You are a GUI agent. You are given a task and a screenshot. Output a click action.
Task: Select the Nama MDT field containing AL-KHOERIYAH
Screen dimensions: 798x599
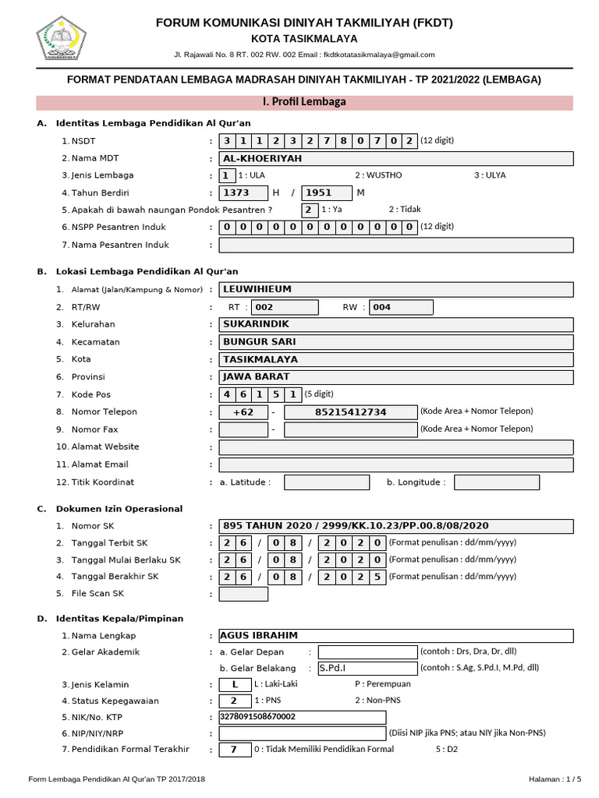pyautogui.click(x=396, y=158)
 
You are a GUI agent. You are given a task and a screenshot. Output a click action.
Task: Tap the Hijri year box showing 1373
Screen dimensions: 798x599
pyautogui.click(x=243, y=193)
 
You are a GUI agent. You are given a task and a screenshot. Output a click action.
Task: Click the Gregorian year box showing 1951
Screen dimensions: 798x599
pyautogui.click(x=327, y=193)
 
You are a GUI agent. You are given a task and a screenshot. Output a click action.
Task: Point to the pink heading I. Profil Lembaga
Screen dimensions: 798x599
pyautogui.click(x=304, y=102)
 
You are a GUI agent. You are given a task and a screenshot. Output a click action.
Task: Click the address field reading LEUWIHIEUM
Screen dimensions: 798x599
pyautogui.click(x=396, y=289)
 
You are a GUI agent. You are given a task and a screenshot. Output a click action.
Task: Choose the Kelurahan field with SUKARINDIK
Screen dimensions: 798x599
pyautogui.click(x=396, y=324)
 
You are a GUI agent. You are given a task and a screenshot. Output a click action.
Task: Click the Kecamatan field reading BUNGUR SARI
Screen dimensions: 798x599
pyautogui.click(x=396, y=342)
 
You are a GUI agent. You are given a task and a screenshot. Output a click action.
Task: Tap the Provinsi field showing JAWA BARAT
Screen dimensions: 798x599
pyautogui.click(x=396, y=377)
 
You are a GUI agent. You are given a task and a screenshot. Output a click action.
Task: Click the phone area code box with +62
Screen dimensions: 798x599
pyautogui.click(x=243, y=412)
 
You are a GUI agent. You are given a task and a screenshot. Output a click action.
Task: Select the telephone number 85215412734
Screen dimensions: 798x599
pyautogui.click(x=349, y=412)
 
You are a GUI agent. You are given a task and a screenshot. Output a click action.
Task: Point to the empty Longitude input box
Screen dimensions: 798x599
pyautogui.click(x=496, y=482)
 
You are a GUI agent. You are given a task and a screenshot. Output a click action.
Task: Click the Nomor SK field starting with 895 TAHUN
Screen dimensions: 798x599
pyautogui.click(x=396, y=525)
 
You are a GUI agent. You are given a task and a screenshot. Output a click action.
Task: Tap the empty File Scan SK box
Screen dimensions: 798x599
pyautogui.click(x=243, y=595)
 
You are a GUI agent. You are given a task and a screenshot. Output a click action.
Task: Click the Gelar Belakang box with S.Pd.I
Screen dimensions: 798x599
pyautogui.click(x=367, y=668)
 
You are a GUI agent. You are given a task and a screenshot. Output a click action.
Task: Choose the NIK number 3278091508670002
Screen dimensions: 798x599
pyautogui.click(x=302, y=717)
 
